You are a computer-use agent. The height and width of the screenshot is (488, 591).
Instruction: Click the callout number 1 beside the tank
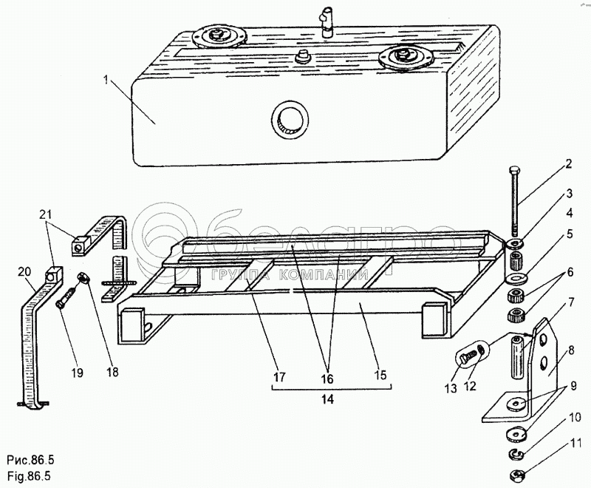coord(106,81)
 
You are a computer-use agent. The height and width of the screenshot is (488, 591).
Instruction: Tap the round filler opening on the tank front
coord(290,119)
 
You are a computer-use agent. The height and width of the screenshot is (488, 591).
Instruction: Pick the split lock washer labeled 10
coord(515,454)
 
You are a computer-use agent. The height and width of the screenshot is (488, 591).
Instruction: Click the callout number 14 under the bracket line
coord(328,399)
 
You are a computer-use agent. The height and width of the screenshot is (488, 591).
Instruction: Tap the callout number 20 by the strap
coord(25,271)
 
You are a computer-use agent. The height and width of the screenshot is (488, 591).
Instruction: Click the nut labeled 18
coord(83,279)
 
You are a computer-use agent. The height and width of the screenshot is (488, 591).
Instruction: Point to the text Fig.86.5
coord(29,475)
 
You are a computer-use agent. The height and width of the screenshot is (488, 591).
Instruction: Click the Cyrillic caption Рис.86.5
coord(30,460)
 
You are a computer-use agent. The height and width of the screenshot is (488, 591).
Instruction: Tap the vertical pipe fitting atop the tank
coord(325,24)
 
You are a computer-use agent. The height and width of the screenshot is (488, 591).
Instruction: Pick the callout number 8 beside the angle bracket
coord(571,350)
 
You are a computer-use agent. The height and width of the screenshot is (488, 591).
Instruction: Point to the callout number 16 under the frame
coord(327,379)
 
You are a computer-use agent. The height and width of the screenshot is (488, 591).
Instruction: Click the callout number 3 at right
coord(569,194)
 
